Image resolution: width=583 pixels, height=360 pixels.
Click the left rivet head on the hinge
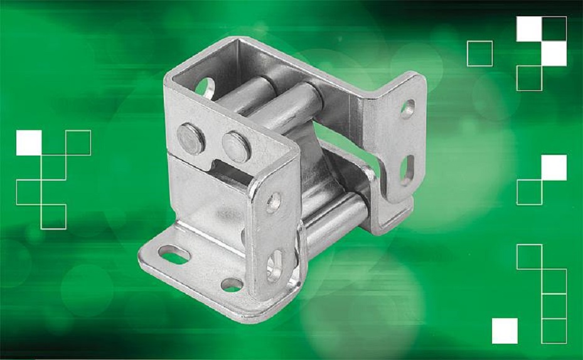[x=191, y=138]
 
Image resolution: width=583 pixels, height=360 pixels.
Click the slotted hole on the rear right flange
[x=407, y=170]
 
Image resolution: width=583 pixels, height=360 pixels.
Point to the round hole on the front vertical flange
[x=273, y=201]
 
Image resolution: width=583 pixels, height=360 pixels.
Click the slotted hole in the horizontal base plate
[x=174, y=255]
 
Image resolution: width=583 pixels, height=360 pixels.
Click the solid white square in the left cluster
[x=29, y=142]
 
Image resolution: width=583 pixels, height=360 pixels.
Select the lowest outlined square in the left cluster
[x=53, y=216]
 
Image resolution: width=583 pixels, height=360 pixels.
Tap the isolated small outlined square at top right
[x=479, y=53]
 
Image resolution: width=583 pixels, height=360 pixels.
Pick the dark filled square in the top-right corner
[x=554, y=29]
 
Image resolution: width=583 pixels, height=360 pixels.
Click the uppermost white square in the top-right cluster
[x=529, y=29]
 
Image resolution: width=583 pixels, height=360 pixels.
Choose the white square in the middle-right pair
[x=554, y=167]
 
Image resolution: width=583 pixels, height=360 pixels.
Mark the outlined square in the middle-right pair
[x=529, y=192]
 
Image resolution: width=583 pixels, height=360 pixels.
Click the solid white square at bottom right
[x=505, y=331]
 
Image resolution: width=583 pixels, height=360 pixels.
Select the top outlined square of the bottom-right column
[x=529, y=257]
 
